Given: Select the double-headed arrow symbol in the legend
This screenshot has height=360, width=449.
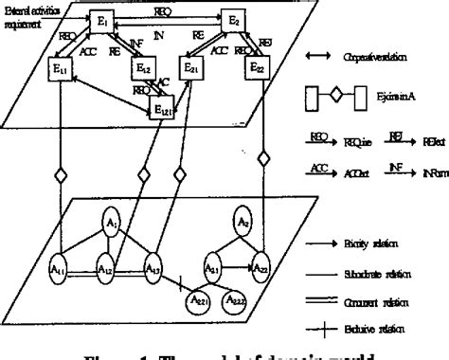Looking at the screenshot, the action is coord(319,55).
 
